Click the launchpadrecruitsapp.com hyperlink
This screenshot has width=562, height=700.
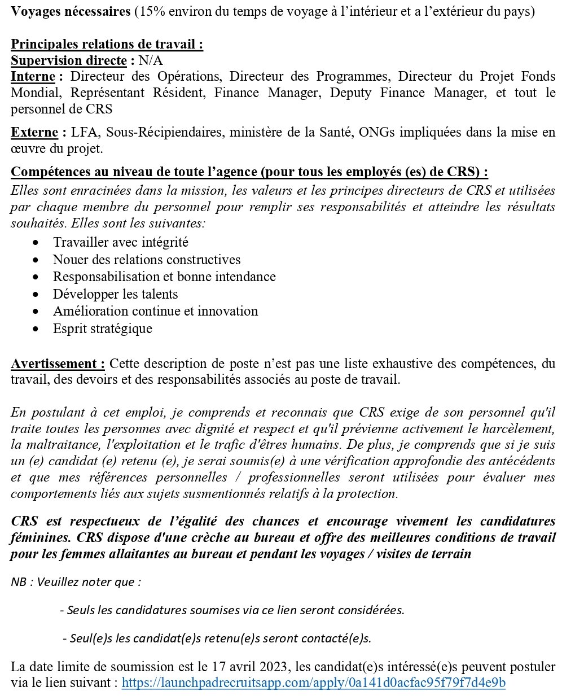313,683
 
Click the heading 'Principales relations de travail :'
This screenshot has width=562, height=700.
107,45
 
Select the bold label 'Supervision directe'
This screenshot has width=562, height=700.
69,60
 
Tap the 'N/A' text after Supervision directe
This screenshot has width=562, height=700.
151,60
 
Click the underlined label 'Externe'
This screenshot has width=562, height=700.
34,133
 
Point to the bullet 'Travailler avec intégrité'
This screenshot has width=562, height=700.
120,242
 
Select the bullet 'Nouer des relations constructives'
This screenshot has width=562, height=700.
147,260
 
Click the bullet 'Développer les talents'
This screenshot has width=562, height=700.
115,294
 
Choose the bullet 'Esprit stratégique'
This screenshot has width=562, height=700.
102,329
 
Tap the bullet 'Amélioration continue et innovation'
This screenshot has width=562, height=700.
155,311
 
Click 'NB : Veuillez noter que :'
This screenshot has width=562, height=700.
76,582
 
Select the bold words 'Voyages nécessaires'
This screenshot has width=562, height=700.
71,12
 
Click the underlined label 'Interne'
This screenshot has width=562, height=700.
33,76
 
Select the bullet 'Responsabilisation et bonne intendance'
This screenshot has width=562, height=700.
164,277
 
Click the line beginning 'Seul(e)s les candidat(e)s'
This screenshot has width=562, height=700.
220,638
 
